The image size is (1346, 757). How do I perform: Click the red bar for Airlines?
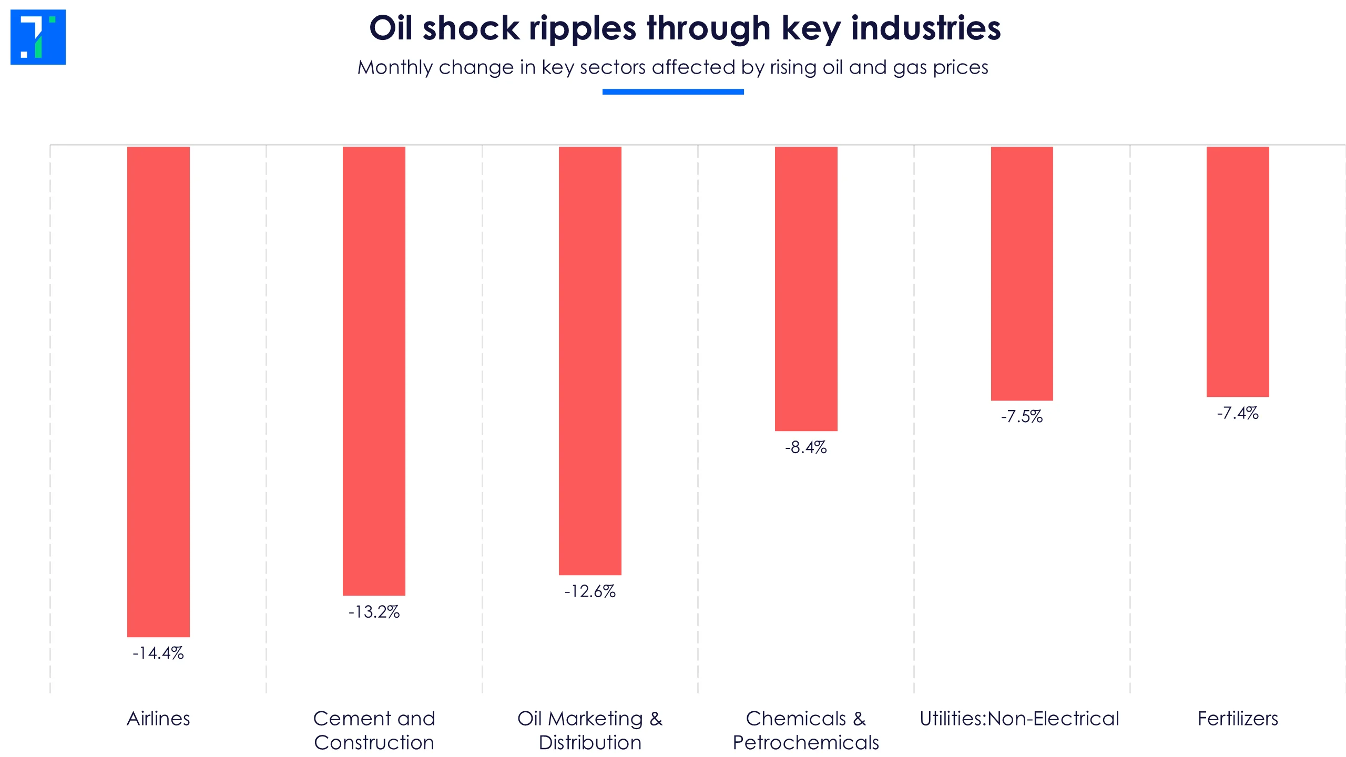pos(158,392)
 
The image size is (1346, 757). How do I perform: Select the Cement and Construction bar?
pos(374,371)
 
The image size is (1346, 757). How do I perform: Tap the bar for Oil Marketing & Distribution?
pos(590,361)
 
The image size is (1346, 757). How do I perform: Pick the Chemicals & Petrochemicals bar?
pos(806,289)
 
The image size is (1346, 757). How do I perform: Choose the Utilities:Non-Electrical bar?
pos(1022,273)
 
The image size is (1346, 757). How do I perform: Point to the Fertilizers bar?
pos(1238,272)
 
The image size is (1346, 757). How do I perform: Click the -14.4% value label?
pos(158,653)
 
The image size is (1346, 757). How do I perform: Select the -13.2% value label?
pos(374,612)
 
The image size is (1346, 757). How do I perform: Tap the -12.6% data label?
pos(590,591)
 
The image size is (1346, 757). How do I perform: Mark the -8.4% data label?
pos(806,447)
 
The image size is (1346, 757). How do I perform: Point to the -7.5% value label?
pos(1022,417)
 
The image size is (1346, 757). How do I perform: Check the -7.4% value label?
pos(1238,413)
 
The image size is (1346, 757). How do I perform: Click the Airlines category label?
pos(158,719)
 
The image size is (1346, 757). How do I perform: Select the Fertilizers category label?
pos(1238,719)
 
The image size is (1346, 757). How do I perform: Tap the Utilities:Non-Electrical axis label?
pos(1019,719)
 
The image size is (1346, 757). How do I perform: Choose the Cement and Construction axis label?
pos(374,731)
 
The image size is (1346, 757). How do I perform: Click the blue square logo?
pos(38,37)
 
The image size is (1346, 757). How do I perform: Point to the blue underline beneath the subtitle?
pos(673,92)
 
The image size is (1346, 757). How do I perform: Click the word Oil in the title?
pos(391,27)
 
